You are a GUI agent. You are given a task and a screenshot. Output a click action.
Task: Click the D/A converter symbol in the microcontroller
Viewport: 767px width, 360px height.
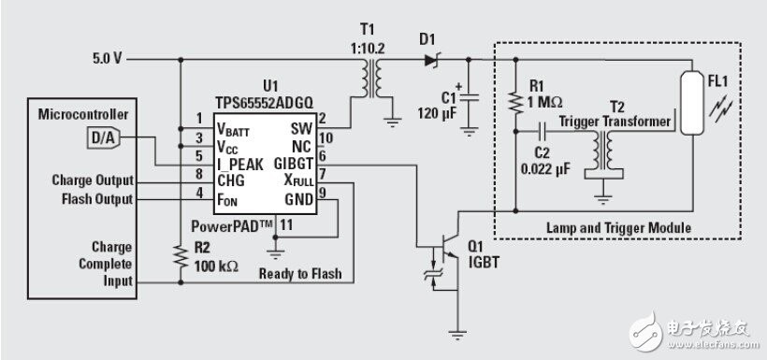point(104,138)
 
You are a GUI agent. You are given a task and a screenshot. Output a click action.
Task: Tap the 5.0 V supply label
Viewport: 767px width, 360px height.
point(108,59)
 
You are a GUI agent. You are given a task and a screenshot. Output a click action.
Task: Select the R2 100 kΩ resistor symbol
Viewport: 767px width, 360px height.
point(181,257)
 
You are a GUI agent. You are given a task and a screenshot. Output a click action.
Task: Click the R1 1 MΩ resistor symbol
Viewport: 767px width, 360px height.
point(515,101)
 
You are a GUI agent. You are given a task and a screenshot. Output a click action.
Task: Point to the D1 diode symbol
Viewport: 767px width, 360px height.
point(431,60)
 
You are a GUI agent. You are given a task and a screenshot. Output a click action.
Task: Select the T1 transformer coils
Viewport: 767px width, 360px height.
point(372,79)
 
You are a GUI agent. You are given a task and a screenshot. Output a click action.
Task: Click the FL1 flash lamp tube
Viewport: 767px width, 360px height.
point(691,103)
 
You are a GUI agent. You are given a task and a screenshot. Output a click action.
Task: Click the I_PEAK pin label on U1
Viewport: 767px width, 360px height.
point(239,165)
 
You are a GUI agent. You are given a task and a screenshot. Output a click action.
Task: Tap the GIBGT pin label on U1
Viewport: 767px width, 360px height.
point(293,164)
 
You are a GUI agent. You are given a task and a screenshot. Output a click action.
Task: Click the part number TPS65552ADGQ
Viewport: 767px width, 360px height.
point(264,102)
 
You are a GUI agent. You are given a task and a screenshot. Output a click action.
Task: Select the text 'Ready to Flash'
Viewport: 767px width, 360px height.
point(300,273)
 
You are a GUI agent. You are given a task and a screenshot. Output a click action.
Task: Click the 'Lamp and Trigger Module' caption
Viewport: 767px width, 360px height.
point(618,227)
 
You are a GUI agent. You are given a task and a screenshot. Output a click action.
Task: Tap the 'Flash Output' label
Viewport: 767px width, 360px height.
point(97,199)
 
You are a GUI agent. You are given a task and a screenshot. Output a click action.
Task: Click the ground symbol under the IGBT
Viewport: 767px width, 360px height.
point(457,335)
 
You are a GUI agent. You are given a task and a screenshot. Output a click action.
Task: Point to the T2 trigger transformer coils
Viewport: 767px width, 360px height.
point(603,151)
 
